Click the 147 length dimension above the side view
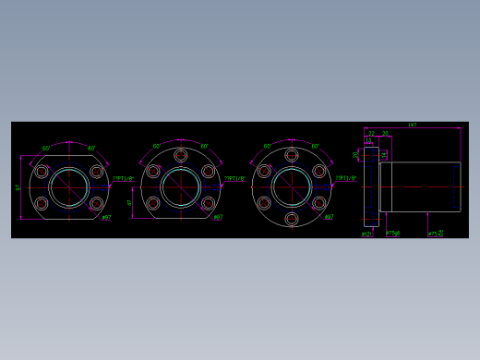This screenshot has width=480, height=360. click(x=412, y=125)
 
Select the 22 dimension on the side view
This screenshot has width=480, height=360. click(x=371, y=133)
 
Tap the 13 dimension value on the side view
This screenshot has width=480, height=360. click(x=368, y=140)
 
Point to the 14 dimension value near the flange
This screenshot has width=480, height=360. click(x=384, y=154)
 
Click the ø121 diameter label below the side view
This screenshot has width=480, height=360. click(x=366, y=234)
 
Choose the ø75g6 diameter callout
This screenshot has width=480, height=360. click(x=393, y=234)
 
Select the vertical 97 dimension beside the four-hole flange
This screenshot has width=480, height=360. click(x=18, y=187)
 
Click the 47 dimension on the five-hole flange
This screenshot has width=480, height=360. click(x=130, y=202)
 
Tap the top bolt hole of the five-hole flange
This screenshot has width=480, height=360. click(x=181, y=155)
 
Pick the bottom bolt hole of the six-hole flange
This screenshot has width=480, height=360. click(x=292, y=219)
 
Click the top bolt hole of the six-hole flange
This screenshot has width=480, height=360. click(x=292, y=155)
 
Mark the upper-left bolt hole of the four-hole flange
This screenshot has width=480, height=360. click(x=42, y=172)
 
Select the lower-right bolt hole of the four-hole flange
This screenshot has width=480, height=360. click(x=97, y=203)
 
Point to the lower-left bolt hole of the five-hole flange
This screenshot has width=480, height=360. click(x=153, y=203)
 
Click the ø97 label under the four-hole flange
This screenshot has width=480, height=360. click(x=106, y=218)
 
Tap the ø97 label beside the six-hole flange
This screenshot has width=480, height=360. click(x=329, y=218)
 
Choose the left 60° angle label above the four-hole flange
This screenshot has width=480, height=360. click(x=46, y=148)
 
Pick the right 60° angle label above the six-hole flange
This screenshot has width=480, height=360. click(x=316, y=146)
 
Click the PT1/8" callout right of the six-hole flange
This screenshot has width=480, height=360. click(x=345, y=178)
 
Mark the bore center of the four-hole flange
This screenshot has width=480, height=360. click(x=69, y=187)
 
